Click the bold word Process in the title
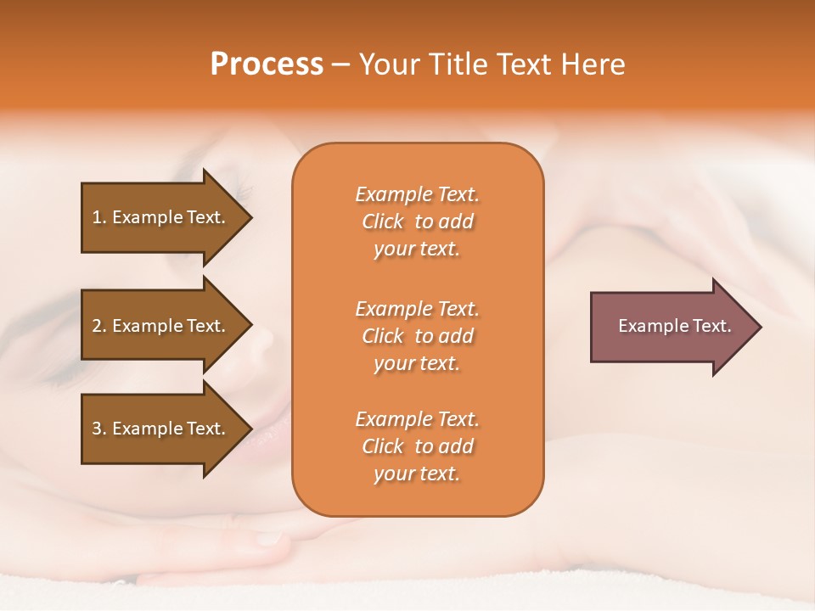267,64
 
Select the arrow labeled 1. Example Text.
161,217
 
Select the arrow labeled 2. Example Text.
161,326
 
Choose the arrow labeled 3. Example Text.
161,429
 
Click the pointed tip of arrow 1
250,217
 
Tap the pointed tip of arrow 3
250,429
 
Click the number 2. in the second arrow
98,326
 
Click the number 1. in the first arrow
98,217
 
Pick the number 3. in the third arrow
98,429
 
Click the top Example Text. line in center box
417,194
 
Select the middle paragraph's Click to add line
417,336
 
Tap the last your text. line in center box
417,474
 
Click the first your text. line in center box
417,249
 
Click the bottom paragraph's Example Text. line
417,419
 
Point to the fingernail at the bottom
270,537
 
